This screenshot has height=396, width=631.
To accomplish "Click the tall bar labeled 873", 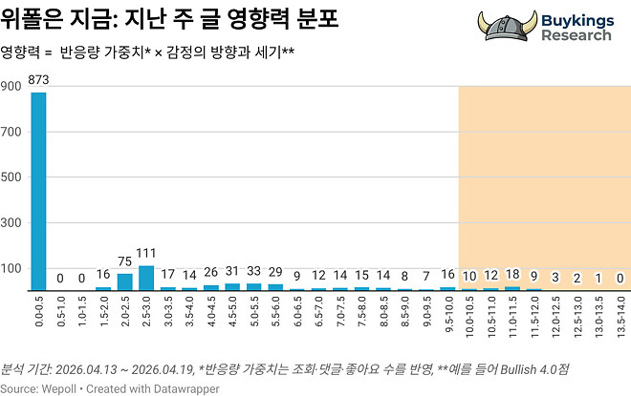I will coord(38,191).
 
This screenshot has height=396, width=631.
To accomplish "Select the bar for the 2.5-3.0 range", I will coord(146,278).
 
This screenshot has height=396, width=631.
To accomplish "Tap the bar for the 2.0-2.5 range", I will coord(124,281).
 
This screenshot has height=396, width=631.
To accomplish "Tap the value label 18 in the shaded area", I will coord(512,276).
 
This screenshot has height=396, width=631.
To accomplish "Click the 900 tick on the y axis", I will coord(11,87).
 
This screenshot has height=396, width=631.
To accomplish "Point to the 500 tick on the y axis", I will coord(11,177).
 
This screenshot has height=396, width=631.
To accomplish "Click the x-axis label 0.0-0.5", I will coord(38,315).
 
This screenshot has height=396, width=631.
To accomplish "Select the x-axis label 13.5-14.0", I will coord(620,315).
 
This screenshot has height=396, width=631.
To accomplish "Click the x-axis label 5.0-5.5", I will coord(253,315).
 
